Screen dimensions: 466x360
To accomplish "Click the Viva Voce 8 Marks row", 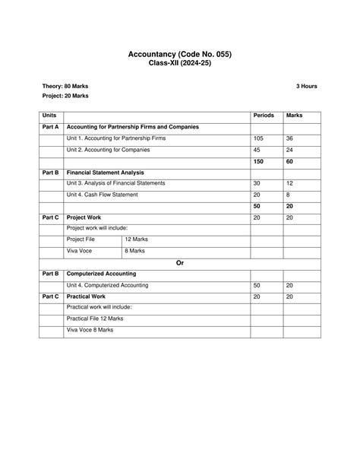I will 90,330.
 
